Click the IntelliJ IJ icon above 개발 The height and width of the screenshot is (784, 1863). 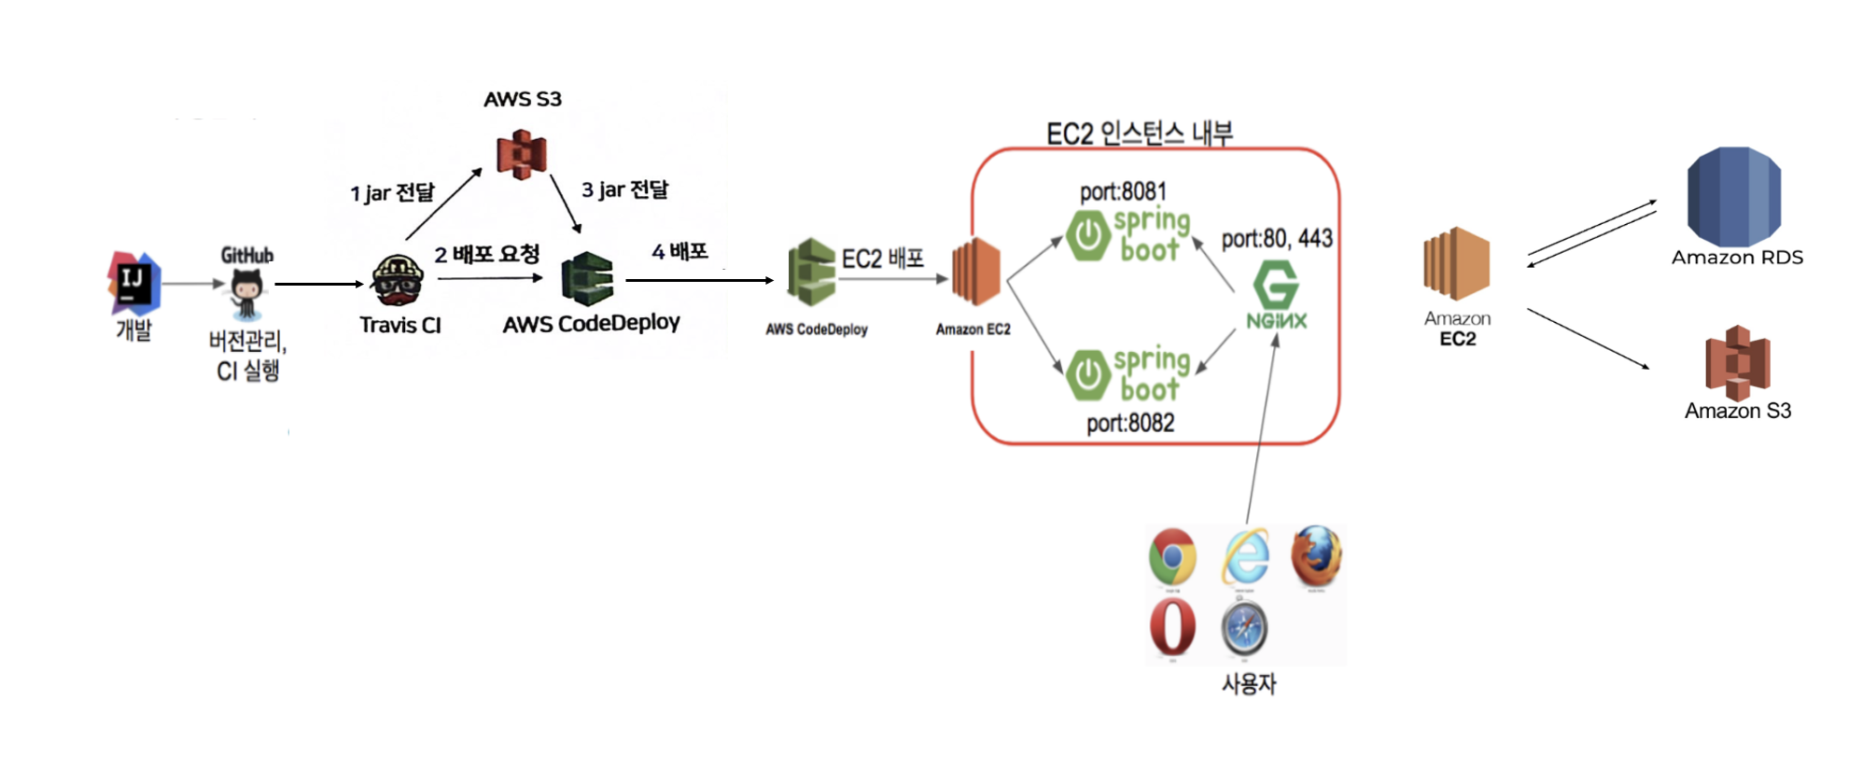pos(133,282)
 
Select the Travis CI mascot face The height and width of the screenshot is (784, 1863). pos(398,280)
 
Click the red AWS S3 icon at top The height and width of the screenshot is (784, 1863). pos(521,154)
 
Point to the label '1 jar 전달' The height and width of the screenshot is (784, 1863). pos(392,193)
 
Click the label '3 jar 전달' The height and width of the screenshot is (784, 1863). pos(624,189)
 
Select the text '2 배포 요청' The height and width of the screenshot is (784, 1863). pos(486,254)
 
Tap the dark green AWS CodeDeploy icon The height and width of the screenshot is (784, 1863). pos(587,279)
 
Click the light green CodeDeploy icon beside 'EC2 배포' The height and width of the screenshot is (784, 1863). pos(810,272)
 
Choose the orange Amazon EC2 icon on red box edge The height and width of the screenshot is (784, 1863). pos(976,272)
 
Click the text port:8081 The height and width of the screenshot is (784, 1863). pos(1123,191)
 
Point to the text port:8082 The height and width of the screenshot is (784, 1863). pos(1130,423)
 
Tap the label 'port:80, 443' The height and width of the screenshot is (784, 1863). pos(1277,239)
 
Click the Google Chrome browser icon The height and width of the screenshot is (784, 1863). pos(1172,557)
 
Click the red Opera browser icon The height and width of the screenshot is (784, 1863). pos(1172,627)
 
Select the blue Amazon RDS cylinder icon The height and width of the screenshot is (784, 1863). pos(1733,197)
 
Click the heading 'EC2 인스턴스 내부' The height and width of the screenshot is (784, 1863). pos(1139,133)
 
